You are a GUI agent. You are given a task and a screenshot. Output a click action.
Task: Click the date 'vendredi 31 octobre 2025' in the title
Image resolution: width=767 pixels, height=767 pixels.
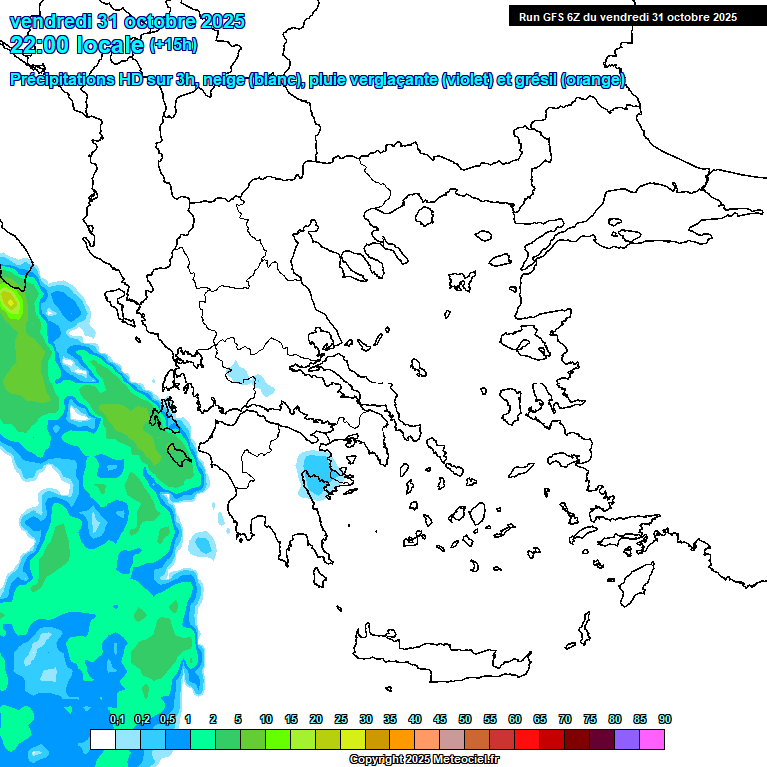coord(127,21)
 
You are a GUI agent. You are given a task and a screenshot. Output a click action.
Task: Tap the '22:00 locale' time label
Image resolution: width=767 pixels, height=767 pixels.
coord(76,43)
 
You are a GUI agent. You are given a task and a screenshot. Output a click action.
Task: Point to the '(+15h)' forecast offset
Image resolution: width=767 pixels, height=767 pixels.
coord(173,44)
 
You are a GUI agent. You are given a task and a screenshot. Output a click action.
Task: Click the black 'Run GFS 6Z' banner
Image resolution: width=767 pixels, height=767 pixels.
coord(623,16)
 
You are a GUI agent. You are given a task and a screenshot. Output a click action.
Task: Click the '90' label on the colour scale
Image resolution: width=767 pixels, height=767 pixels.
coord(664,719)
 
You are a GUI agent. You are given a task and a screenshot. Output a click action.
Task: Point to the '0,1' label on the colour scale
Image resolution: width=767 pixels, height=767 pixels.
coord(117,719)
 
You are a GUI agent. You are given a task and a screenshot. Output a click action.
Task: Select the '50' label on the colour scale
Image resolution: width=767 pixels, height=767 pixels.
coord(464,719)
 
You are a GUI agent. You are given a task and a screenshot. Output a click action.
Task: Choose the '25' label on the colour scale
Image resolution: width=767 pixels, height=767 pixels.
coord(340,719)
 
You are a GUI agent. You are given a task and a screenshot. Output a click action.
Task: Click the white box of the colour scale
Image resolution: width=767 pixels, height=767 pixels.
coord(102,739)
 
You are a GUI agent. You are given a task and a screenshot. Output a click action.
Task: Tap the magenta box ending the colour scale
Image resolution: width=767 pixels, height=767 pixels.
coord(652,739)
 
